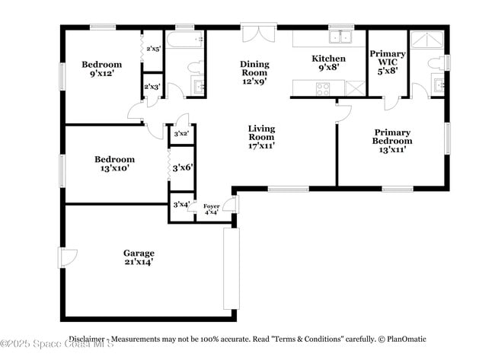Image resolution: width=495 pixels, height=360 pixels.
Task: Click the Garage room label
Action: pyautogui.click(x=139, y=257)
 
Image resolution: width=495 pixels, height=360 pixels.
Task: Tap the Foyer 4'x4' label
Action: pyautogui.click(x=211, y=209)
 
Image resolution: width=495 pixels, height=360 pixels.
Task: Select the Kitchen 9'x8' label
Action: pyautogui.click(x=329, y=63)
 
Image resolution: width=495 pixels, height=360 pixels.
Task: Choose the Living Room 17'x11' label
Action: pyautogui.click(x=261, y=137)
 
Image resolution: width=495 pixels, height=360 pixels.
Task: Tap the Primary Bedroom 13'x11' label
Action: pyautogui.click(x=392, y=141)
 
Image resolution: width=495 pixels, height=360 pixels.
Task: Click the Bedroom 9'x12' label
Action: pyautogui.click(x=101, y=69)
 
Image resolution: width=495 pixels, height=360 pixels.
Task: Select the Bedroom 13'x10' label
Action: pyautogui.click(x=114, y=164)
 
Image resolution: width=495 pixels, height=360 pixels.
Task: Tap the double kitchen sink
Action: pyautogui.click(x=340, y=37)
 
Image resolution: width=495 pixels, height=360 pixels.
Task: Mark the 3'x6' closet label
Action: pyautogui.click(x=181, y=167)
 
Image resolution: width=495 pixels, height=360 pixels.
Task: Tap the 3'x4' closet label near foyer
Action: pyautogui.click(x=180, y=204)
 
